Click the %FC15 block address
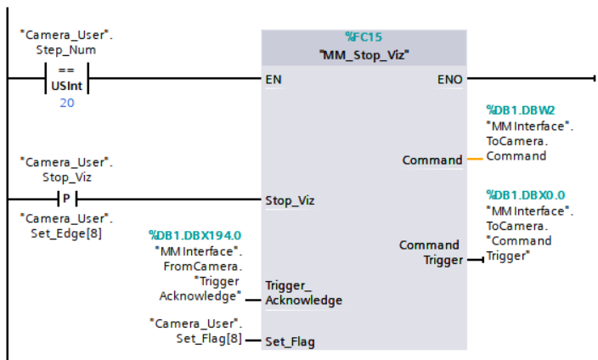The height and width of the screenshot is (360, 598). [x=363, y=37]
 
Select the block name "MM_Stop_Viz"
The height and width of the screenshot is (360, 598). [x=363, y=54]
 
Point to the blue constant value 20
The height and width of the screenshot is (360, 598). [x=66, y=102]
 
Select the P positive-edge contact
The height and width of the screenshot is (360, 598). [x=66, y=200]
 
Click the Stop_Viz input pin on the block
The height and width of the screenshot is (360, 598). [x=291, y=201]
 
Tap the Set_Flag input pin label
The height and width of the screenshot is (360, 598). [x=291, y=341]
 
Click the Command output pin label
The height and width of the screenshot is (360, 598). [x=432, y=160]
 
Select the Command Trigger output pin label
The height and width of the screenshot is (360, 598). [x=430, y=252]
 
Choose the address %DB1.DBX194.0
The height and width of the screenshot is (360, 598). [x=195, y=235]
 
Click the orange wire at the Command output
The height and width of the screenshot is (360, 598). [x=474, y=160]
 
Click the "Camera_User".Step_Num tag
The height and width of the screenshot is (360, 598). [x=66, y=42]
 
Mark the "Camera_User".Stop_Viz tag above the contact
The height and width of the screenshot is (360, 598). [x=66, y=169]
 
